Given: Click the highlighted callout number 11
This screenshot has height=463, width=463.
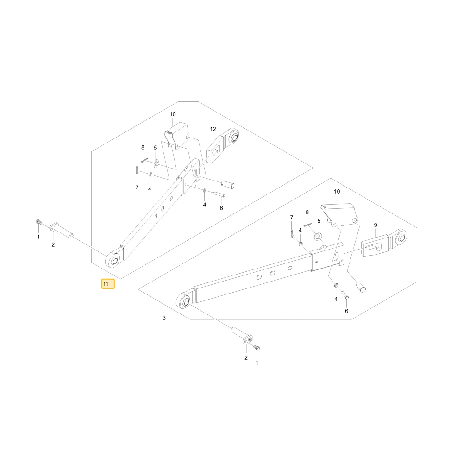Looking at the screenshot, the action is click(x=108, y=284).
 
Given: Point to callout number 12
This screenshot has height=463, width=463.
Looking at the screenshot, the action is click(x=213, y=129).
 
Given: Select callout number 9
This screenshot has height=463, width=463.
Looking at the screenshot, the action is click(x=375, y=225).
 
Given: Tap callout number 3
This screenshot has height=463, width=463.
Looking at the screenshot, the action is click(x=164, y=318).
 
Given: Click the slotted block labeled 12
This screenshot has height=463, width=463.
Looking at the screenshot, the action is click(x=215, y=149).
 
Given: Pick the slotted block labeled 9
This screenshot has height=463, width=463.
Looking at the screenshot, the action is click(x=375, y=246).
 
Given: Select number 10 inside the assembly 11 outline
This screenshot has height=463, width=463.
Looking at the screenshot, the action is click(x=173, y=114).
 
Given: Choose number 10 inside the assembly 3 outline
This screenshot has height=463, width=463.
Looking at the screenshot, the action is click(x=337, y=191).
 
